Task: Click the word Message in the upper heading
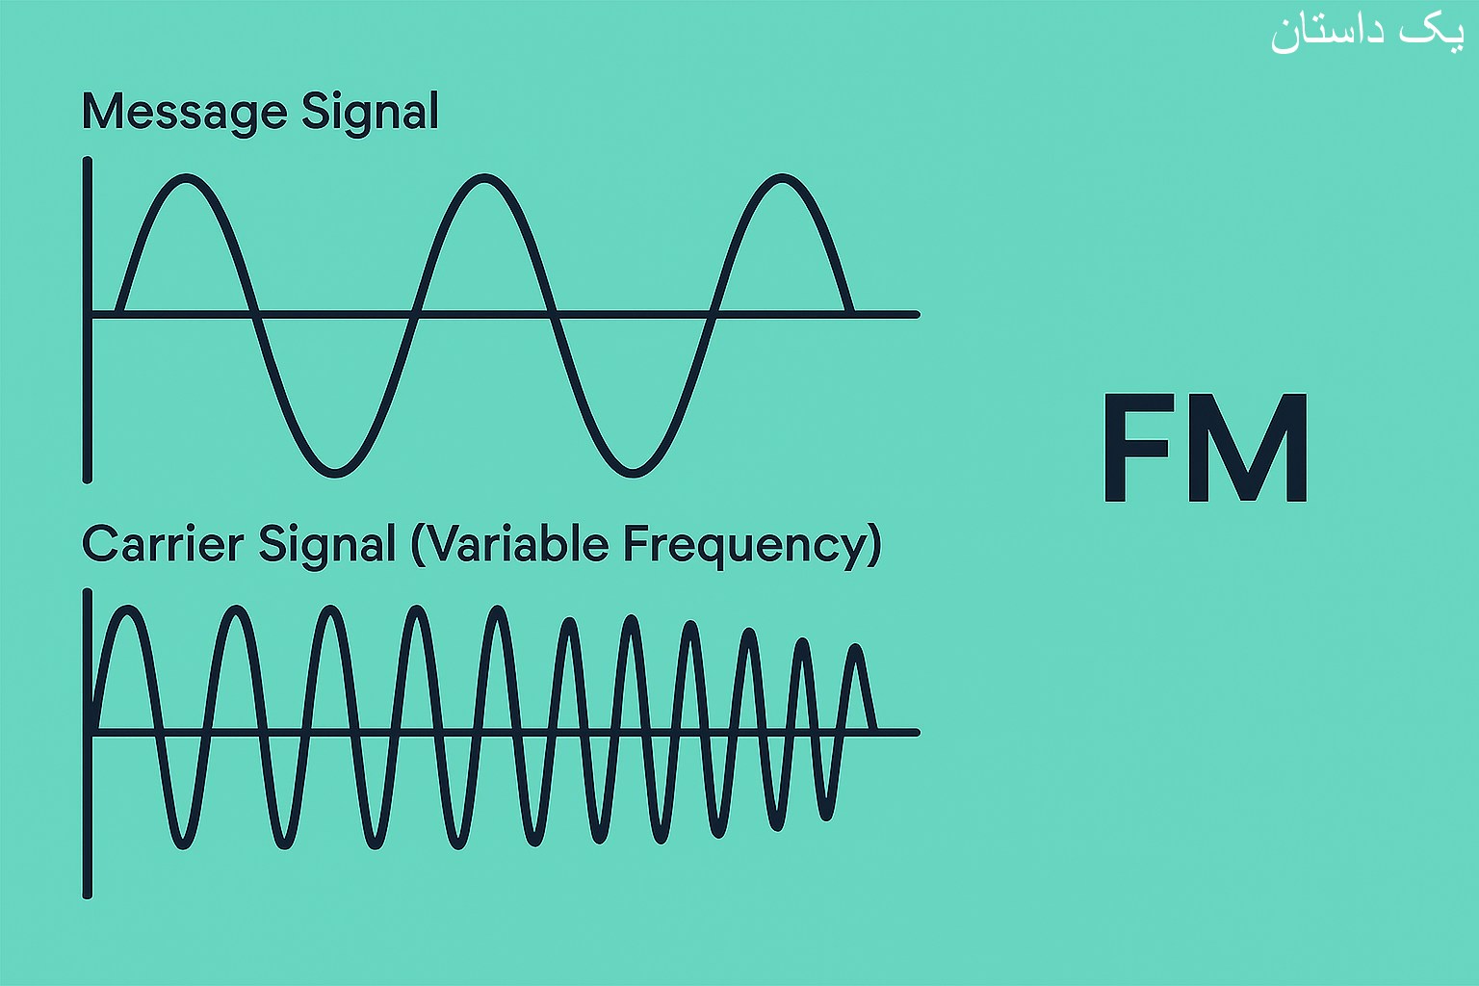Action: [x=184, y=113]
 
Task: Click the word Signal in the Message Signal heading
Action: [x=370, y=113]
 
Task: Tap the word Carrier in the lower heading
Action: [x=163, y=544]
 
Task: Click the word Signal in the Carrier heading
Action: [x=326, y=546]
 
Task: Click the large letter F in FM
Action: [x=1137, y=448]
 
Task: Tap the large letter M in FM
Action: [x=1248, y=448]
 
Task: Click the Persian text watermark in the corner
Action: [x=1367, y=35]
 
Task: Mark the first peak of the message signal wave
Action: [x=186, y=178]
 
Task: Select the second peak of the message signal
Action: [x=484, y=178]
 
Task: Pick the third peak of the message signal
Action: [x=782, y=178]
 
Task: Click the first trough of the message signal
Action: [x=335, y=472]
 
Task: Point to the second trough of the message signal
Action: [x=633, y=472]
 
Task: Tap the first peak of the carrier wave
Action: [x=128, y=610]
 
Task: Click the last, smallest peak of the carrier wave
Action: [x=856, y=648]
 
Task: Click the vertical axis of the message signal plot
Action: [x=88, y=321]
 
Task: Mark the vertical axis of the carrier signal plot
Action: [x=88, y=743]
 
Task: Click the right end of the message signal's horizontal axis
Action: [x=917, y=315]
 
